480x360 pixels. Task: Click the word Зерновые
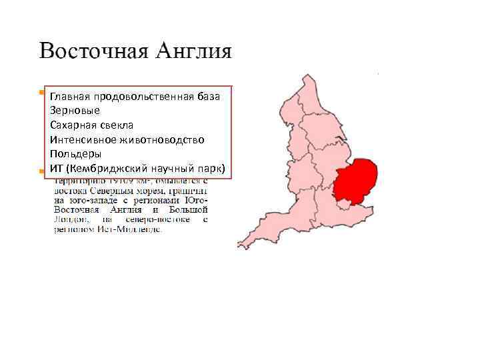point(75,110)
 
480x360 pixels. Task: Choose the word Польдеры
point(75,153)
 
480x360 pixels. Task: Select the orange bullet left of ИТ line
point(41,171)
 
